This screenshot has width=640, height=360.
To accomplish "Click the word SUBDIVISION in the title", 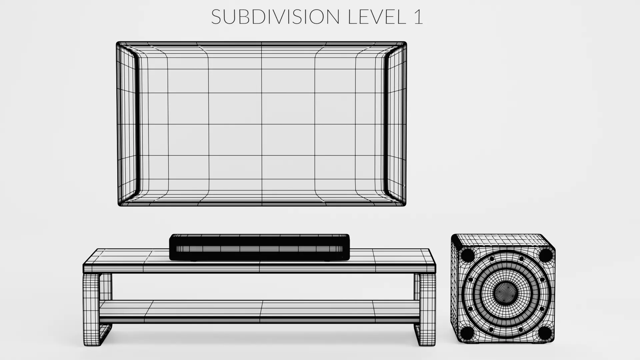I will (x=275, y=17).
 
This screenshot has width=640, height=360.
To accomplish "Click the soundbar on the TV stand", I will (x=259, y=247).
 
